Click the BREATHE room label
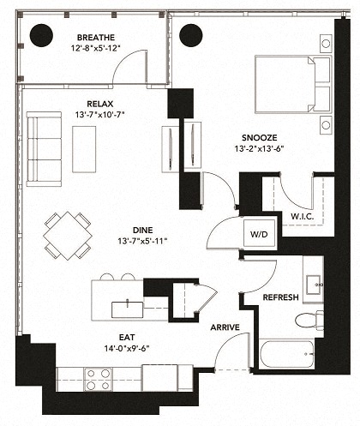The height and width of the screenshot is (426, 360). [x=95, y=38]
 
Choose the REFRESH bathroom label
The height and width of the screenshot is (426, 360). [x=280, y=297]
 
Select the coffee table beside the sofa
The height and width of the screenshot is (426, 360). [x=84, y=148]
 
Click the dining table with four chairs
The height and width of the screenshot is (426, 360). [x=69, y=234]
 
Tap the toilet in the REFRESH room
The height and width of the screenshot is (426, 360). [x=308, y=321]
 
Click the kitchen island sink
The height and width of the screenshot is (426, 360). [x=127, y=303]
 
